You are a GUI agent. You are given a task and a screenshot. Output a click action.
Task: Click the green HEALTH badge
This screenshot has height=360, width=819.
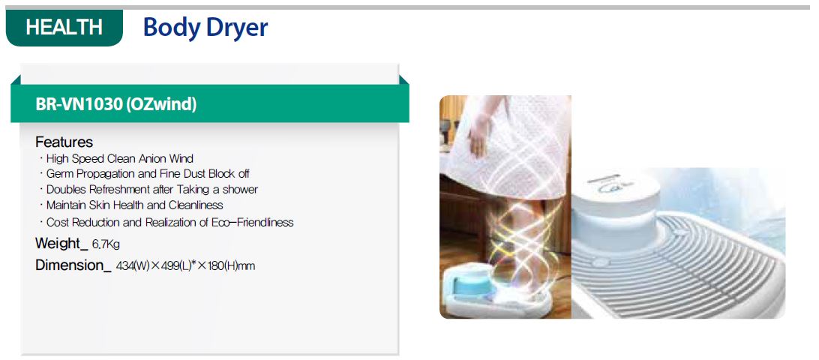[x=64, y=27]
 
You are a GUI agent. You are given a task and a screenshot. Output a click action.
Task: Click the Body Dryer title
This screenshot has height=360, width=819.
[x=205, y=28]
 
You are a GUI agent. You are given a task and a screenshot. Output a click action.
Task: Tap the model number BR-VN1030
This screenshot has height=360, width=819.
[x=79, y=104]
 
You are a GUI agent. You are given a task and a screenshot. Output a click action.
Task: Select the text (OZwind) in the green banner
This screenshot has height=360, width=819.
[x=161, y=104]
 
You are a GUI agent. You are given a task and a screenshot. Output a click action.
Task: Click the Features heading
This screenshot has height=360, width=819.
[x=64, y=142]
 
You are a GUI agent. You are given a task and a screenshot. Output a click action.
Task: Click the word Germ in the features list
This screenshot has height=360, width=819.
[x=60, y=173]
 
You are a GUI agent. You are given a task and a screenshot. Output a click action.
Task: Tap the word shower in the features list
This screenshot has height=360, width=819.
[x=240, y=189]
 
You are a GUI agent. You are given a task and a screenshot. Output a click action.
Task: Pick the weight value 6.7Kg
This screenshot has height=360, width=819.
[x=106, y=244]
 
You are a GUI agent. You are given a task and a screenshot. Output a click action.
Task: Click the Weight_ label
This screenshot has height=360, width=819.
[x=61, y=244]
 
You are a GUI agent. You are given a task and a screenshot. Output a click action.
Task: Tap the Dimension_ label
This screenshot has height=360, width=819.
[x=73, y=265]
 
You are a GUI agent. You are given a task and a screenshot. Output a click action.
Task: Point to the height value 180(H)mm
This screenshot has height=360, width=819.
[x=232, y=266]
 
